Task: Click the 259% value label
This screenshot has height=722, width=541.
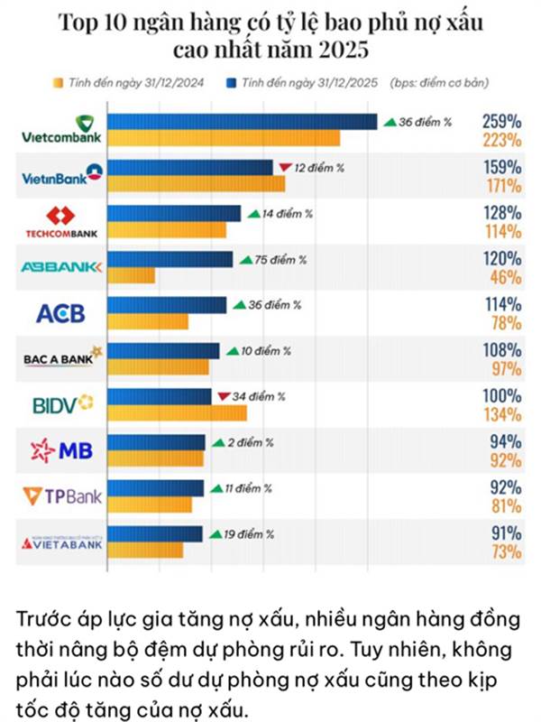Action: point(501,120)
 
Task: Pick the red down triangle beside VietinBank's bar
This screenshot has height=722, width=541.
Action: point(284,167)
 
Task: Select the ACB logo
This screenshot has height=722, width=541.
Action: point(60,313)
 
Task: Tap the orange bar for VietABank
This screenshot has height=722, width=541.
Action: point(145,550)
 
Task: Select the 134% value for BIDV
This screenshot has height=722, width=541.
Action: point(501,414)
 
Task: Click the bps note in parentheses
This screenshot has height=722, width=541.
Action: point(441,83)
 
